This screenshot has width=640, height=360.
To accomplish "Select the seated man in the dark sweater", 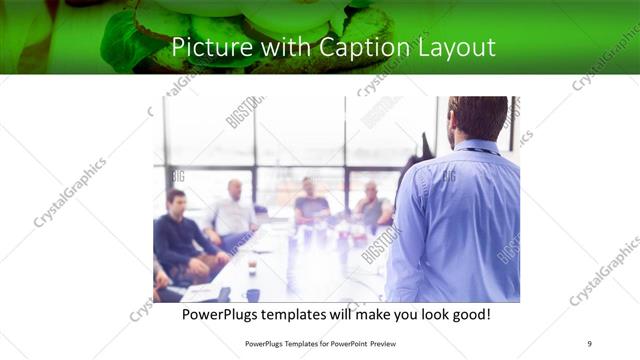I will tap(178, 235).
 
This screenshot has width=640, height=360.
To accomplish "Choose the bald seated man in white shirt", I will tap(233, 212).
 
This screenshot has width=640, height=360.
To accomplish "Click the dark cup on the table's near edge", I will tap(252, 294).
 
